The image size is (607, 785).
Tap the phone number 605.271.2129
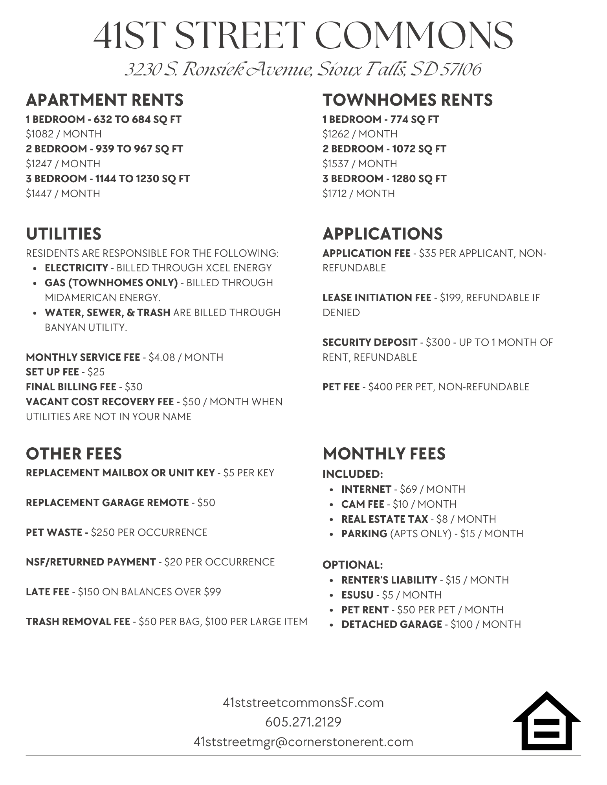tap(303, 722)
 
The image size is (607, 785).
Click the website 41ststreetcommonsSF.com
tap(303, 702)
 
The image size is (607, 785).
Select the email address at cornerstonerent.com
tap(303, 742)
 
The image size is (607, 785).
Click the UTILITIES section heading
tap(64, 234)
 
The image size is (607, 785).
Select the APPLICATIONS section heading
tap(383, 234)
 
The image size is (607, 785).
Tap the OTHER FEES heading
tap(74, 454)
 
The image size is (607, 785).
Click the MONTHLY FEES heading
tap(384, 454)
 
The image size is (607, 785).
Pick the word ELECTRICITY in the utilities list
tap(76, 268)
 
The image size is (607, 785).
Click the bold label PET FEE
tap(341, 387)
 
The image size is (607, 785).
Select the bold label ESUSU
tap(357, 595)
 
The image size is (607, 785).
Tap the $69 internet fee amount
tap(407, 489)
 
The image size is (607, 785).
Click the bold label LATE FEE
tap(48, 592)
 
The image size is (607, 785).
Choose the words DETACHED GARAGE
tap(392, 624)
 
